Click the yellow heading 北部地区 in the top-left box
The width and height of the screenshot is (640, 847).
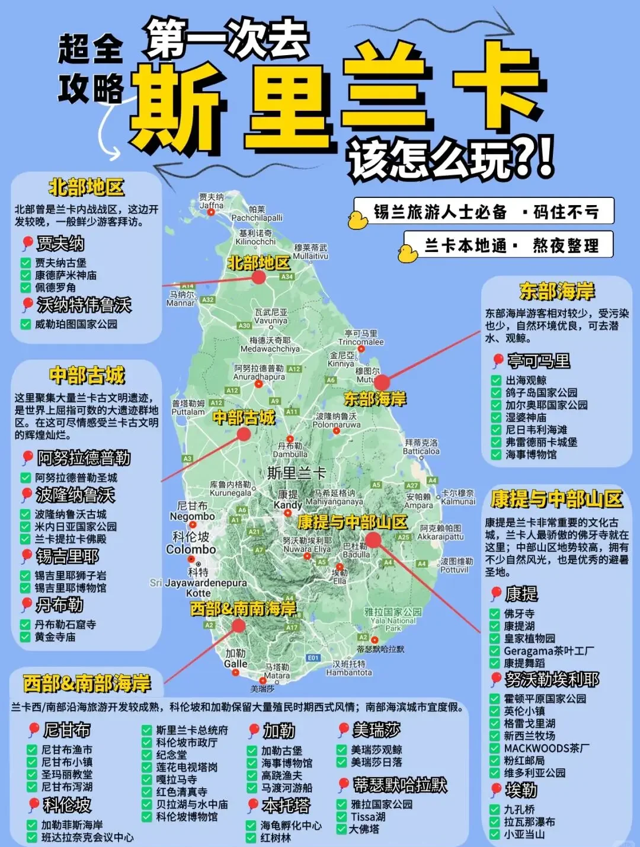coord(87,188)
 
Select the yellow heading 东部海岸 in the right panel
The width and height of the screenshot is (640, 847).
coord(556,292)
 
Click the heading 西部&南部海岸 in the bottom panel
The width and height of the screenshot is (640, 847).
coord(87,683)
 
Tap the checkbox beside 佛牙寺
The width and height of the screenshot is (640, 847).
coord(495,613)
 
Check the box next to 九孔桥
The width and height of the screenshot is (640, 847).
coord(495,809)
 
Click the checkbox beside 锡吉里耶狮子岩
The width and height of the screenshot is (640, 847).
coord(25,576)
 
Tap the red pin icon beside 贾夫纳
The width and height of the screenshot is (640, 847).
coord(27,243)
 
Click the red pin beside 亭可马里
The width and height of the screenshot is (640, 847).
coord(498,360)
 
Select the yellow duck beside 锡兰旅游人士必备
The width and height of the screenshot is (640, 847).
coord(357,220)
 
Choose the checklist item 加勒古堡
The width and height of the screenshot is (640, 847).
coord(281,750)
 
